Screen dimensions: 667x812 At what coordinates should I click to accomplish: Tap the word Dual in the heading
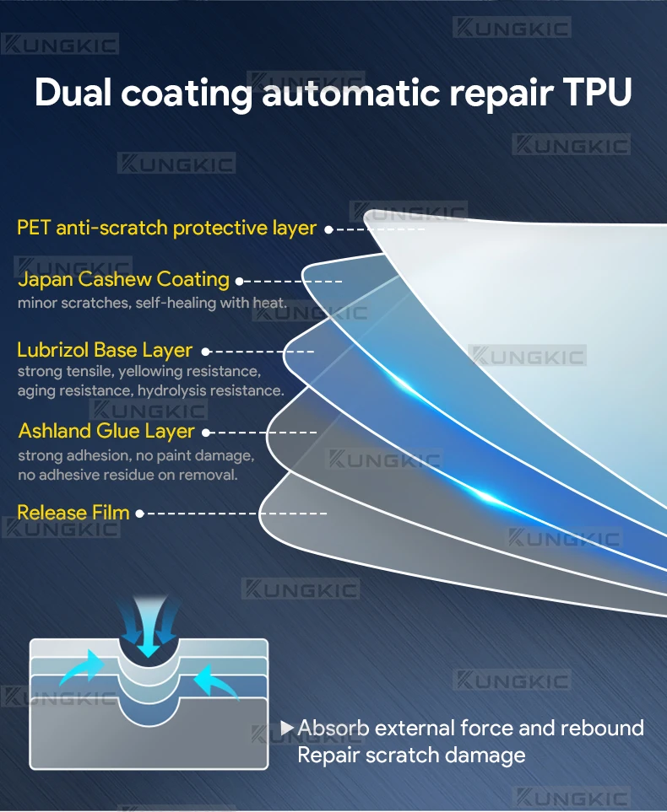click(x=73, y=92)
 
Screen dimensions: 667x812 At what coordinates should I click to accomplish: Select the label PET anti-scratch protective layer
click(x=166, y=228)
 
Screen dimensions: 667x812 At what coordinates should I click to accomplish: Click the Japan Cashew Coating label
click(x=123, y=280)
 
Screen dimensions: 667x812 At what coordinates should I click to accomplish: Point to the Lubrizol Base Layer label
click(x=105, y=351)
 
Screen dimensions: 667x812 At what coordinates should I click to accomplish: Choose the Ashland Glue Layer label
click(x=106, y=432)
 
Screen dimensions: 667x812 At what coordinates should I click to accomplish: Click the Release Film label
click(x=73, y=513)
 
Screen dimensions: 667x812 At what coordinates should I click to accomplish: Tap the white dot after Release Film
click(x=139, y=514)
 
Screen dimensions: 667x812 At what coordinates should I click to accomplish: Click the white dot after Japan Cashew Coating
click(x=239, y=282)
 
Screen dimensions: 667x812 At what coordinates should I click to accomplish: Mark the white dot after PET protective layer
click(x=328, y=229)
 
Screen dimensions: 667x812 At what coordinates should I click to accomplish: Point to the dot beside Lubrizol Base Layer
click(x=205, y=352)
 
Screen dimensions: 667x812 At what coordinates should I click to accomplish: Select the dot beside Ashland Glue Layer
click(x=206, y=433)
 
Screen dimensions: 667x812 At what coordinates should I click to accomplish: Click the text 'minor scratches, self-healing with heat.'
click(x=152, y=303)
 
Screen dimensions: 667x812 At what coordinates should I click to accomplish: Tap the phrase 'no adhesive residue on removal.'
click(x=127, y=475)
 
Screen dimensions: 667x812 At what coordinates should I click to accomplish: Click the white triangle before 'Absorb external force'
click(x=287, y=728)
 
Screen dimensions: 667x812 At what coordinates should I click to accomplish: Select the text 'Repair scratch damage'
click(x=411, y=755)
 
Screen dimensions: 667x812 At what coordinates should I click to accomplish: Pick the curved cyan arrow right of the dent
click(x=215, y=682)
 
